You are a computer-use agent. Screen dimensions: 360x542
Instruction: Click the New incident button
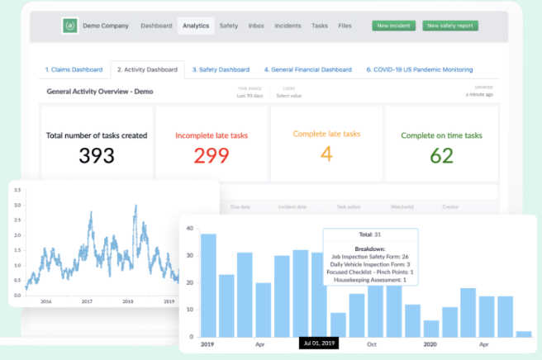pyautogui.click(x=394, y=26)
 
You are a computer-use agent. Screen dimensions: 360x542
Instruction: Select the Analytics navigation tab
pyautogui.click(x=196, y=26)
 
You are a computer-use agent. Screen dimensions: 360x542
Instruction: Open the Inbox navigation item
pyautogui.click(x=256, y=26)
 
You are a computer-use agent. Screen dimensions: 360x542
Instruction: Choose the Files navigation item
pyautogui.click(x=345, y=26)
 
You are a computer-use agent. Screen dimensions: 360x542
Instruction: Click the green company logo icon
pyautogui.click(x=70, y=26)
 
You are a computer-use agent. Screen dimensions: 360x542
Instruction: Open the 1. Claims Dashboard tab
pyautogui.click(x=74, y=69)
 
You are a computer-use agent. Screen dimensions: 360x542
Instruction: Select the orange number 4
pyautogui.click(x=327, y=154)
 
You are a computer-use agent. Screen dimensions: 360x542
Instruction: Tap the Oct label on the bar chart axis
pyautogui.click(x=373, y=343)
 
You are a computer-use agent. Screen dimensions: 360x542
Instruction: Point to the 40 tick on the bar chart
pyautogui.click(x=189, y=229)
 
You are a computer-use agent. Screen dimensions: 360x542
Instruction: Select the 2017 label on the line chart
pyautogui.click(x=87, y=302)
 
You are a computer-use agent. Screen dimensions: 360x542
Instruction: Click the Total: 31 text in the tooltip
pyautogui.click(x=369, y=236)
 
